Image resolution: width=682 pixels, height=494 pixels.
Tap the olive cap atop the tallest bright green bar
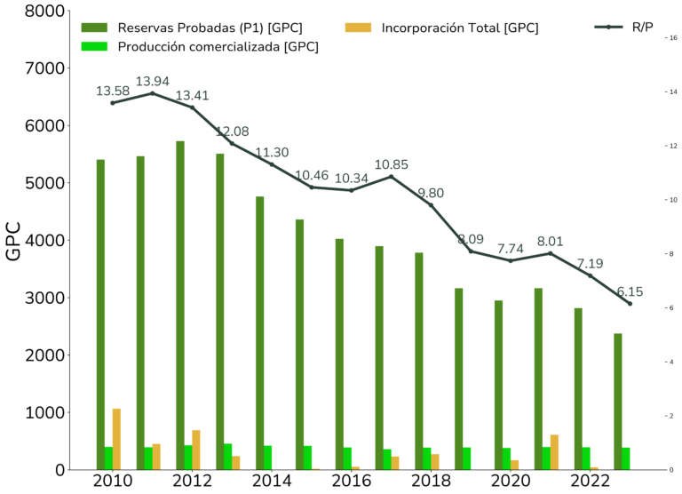coord(99,31)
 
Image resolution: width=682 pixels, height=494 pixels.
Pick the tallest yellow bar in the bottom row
coord(120,438)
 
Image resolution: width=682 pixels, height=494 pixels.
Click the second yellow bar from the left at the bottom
coord(163,456)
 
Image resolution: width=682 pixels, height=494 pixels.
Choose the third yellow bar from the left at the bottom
coord(202,449)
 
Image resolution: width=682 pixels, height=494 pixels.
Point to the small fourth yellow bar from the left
coord(236,462)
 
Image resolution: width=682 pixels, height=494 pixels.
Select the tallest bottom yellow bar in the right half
coord(561,451)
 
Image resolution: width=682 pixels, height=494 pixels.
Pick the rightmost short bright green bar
coord(630,458)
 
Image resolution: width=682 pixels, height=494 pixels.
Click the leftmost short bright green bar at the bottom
coord(108,458)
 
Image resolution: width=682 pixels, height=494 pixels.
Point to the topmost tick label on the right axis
coord(673,93)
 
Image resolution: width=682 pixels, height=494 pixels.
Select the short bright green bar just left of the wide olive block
coord(274,457)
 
